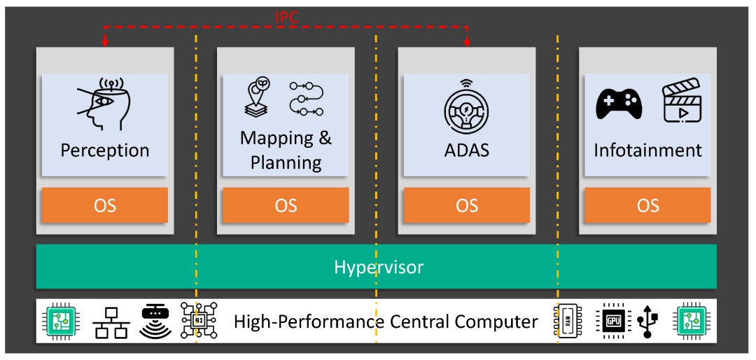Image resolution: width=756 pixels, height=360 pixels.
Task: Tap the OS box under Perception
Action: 105,205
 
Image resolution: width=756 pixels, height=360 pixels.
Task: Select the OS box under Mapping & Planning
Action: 286,205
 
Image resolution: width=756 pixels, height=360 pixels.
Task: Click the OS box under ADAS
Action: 467,205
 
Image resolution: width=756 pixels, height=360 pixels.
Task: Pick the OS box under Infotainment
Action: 647,205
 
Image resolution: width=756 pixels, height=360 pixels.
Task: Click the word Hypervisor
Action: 378,267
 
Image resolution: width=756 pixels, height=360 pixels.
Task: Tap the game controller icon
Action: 619,104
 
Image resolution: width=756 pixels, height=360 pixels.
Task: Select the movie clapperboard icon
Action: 682,103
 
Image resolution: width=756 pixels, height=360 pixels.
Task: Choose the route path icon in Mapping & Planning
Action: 306,99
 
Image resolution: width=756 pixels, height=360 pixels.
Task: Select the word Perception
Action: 105,151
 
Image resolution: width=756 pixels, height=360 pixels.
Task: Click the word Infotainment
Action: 647,151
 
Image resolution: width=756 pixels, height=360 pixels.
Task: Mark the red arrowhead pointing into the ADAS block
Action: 467,44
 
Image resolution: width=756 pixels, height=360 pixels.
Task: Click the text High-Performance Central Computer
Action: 386,322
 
